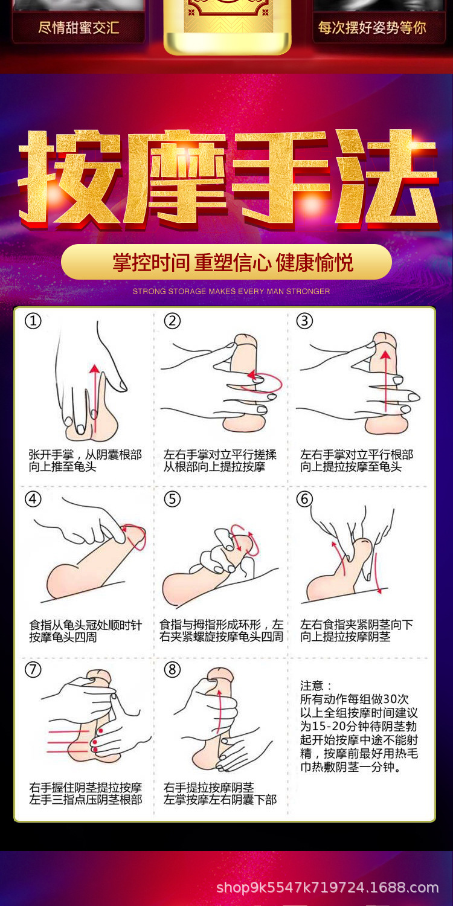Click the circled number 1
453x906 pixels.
click(33, 321)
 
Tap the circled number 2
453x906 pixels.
click(172, 321)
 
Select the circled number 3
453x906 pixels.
click(304, 321)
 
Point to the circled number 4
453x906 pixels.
click(33, 499)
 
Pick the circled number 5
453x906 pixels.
click(172, 499)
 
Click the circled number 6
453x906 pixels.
click(304, 499)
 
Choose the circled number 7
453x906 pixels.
click(33, 669)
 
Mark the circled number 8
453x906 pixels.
click(172, 669)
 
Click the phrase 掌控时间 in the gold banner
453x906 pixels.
click(151, 263)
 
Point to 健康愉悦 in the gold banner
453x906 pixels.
click(314, 263)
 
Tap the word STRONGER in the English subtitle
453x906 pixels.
click(307, 292)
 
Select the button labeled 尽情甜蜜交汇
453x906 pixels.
click(79, 28)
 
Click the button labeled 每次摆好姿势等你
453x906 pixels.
click(372, 28)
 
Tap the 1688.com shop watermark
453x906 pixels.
click(327, 887)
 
